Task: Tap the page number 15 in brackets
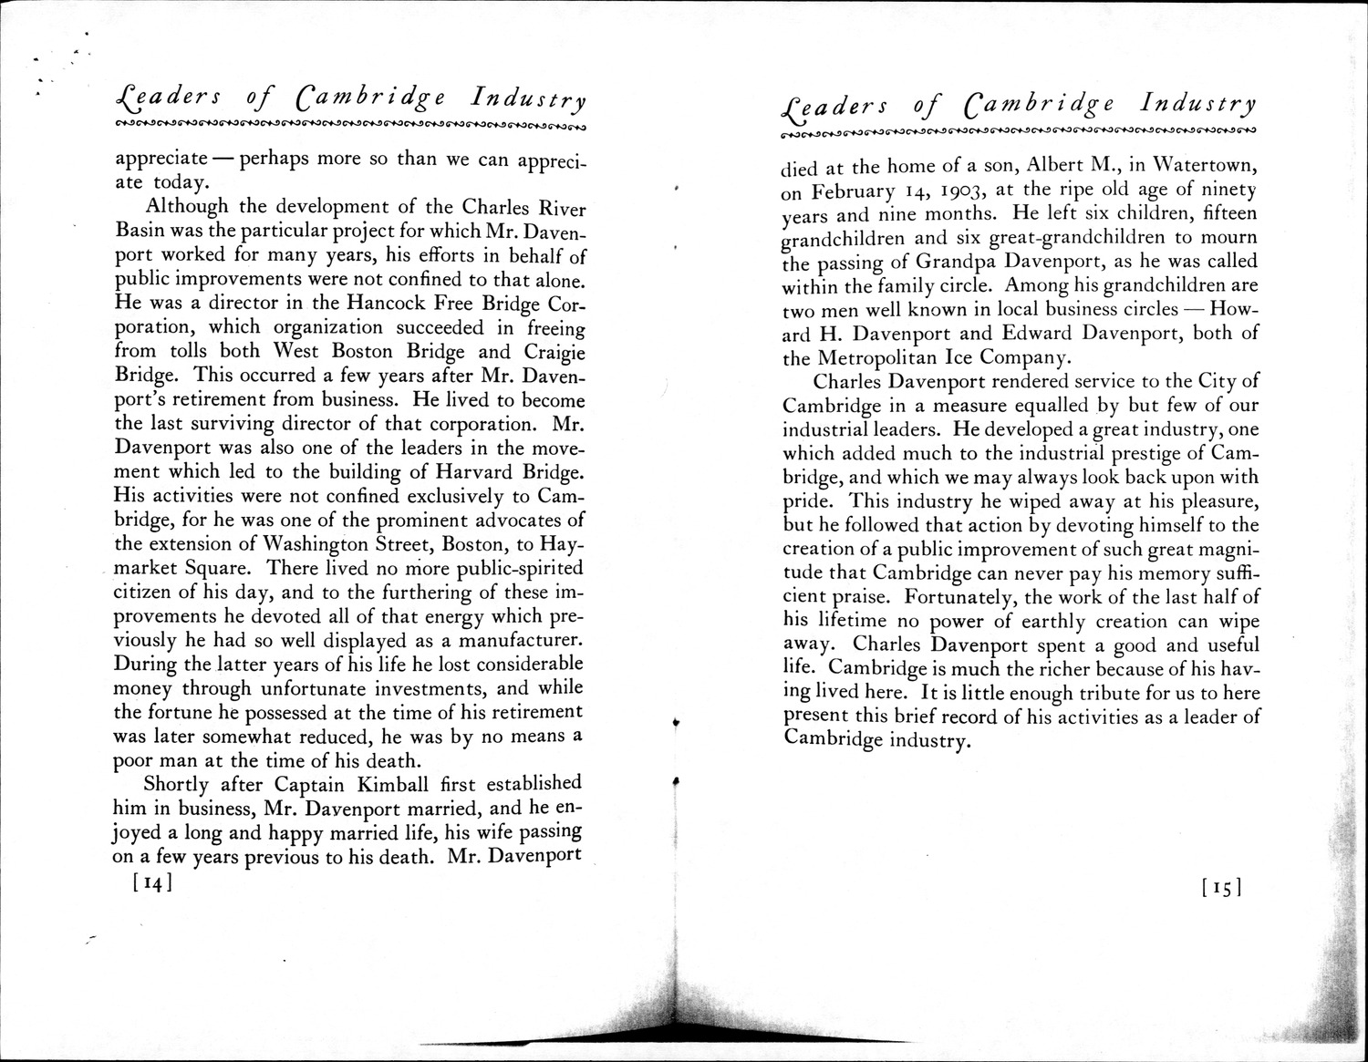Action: [1223, 886]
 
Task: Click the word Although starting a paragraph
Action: [186, 206]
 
